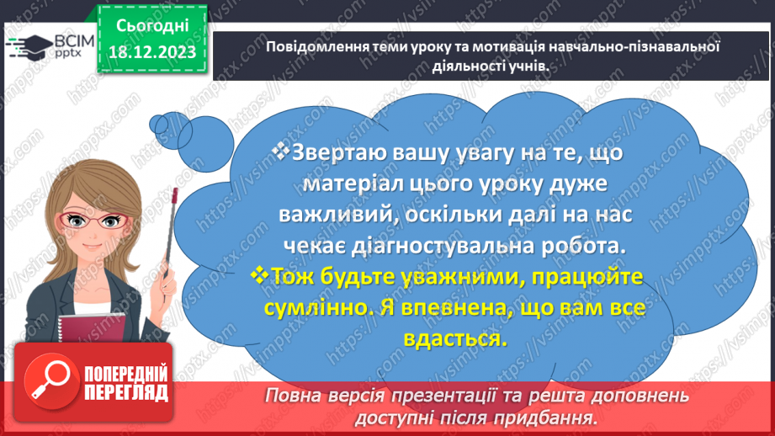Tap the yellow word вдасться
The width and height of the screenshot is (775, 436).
point(457,338)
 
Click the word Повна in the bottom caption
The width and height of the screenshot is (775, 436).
point(293,396)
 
